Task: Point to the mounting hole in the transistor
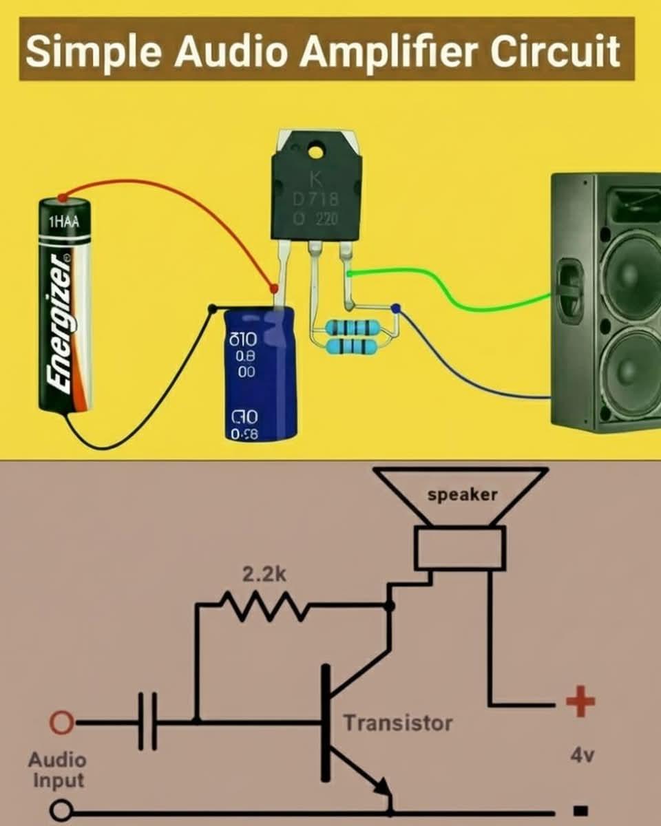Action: coord(316,149)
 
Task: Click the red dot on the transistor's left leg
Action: coord(274,288)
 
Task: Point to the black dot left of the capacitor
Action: coord(213,308)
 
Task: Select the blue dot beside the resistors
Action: coord(395,309)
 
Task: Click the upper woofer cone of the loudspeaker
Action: coord(630,273)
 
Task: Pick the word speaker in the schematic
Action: coord(462,495)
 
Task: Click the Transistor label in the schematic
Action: coord(398,723)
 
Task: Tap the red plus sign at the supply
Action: coord(580,703)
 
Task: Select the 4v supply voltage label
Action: coord(583,755)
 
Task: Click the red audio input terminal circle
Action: coord(62,723)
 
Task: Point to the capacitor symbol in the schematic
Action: coord(147,722)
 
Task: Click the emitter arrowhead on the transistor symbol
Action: coord(382,786)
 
